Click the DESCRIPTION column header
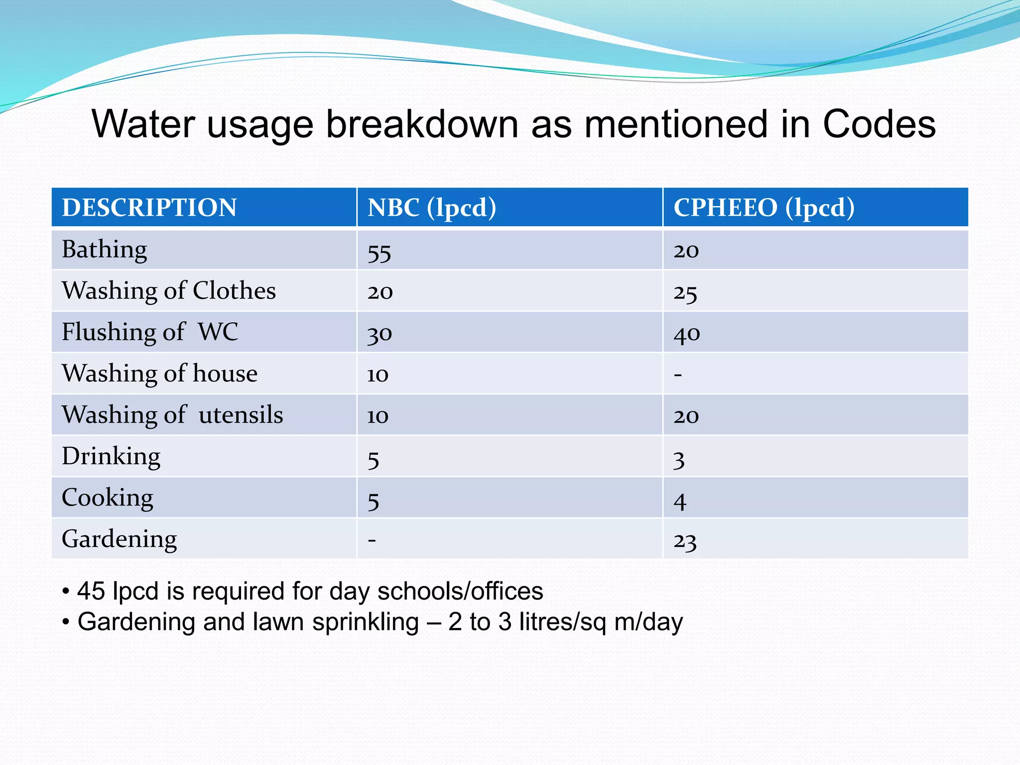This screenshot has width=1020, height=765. pos(149,207)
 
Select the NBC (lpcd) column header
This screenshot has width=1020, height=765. pos(432,207)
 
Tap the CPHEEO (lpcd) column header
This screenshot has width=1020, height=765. pos(764,207)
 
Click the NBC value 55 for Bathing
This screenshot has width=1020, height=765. pos(379,253)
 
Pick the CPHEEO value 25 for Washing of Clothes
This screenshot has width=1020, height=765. pos(685,293)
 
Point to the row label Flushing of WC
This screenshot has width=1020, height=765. pos(150,332)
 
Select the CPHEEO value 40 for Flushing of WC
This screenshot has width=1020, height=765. pos(687,334)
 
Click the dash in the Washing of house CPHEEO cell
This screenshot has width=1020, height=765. pos(678,375)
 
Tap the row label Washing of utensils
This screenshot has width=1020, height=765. pos(172,415)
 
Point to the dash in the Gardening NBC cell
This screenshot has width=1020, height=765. pos(372,539)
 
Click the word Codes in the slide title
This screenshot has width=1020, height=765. pos(879,124)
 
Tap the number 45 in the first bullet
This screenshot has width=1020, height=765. pos(91,591)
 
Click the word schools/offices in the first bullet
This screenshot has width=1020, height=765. pos(460,591)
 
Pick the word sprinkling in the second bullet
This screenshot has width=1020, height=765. pos(366,622)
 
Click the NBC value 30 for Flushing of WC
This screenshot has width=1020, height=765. pos(380,334)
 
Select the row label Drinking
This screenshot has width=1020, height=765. pos(111,456)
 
